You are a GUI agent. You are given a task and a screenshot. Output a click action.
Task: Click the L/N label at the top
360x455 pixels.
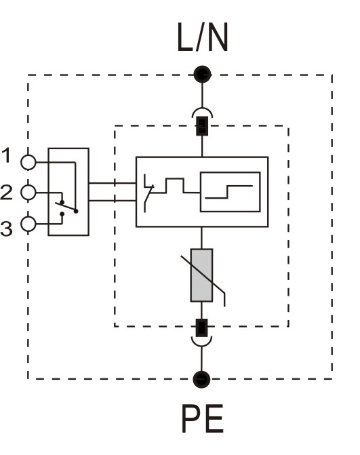(203, 37)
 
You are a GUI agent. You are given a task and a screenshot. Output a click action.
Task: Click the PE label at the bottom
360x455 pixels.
(203, 419)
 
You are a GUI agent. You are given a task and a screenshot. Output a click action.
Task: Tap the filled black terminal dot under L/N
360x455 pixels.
(202, 75)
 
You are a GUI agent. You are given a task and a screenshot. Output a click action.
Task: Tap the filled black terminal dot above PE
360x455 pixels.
(201, 379)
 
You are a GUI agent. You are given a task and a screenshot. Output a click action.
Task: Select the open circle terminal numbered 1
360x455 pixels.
(28, 162)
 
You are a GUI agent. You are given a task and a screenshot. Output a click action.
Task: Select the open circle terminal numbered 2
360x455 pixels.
(28, 193)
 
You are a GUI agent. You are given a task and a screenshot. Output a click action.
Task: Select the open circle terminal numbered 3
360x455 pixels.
(28, 224)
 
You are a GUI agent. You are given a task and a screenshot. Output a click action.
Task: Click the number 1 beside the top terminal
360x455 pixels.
(6, 155)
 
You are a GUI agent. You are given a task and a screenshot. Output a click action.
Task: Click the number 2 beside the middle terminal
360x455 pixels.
(6, 192)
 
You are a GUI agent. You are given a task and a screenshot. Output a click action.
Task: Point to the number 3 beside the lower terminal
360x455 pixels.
(6, 229)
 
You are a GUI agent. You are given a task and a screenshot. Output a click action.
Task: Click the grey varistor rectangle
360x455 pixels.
(201, 275)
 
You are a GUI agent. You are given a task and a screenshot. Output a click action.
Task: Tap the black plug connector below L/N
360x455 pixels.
(202, 126)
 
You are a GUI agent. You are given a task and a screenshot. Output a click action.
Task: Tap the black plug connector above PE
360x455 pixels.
(201, 328)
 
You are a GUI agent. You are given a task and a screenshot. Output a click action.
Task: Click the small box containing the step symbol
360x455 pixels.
(230, 192)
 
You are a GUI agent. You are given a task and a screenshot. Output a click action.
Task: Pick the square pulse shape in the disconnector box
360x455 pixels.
(175, 185)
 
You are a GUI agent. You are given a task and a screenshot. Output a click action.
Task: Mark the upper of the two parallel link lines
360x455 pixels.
(113, 183)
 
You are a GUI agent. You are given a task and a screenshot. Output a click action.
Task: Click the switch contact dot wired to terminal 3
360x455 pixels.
(62, 214)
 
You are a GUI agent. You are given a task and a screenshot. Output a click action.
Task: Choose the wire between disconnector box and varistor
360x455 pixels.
(201, 237)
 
